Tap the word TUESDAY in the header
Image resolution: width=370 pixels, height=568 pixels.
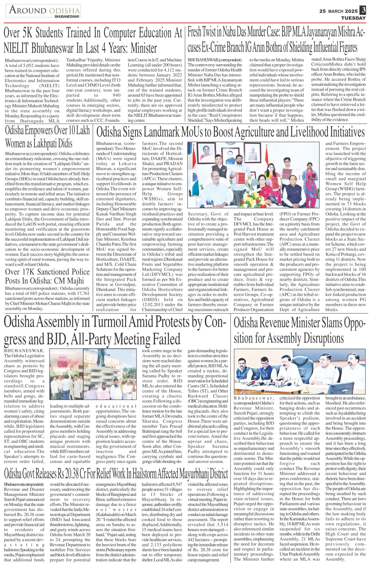point(353,18)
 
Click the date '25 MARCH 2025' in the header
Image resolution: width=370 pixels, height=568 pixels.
point(338,11)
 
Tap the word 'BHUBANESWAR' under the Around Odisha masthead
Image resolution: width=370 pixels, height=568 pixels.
point(67,16)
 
